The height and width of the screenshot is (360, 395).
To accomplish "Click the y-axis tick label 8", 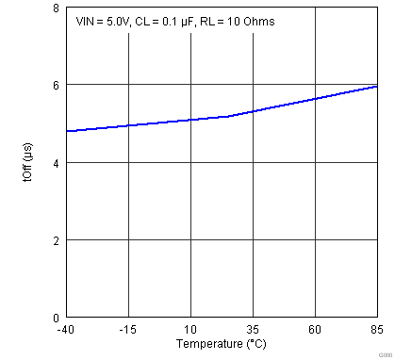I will [56, 8].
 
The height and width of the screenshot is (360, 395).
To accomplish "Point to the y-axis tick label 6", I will [56, 85].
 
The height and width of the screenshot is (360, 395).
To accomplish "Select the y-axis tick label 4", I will [56, 162].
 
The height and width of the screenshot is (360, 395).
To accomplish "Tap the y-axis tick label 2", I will [56, 240].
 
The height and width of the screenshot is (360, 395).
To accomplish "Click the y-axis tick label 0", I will [56, 318].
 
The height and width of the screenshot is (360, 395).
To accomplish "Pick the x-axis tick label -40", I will [65, 329].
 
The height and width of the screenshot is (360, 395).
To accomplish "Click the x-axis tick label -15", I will [127, 329].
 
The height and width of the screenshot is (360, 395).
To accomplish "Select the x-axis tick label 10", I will [190, 329].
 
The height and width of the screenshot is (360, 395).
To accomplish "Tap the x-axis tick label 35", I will [253, 329].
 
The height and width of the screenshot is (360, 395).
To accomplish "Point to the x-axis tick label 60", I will [315, 329].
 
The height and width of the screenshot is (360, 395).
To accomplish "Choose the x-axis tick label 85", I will [377, 329].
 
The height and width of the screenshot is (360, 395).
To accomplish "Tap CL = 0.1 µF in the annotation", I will [173, 21].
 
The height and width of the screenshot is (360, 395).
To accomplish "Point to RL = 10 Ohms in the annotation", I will [241, 21].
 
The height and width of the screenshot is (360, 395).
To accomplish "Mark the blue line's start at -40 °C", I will [66, 131].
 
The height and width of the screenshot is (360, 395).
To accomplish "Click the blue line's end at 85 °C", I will [377, 86].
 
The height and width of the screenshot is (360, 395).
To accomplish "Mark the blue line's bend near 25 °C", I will [228, 116].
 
